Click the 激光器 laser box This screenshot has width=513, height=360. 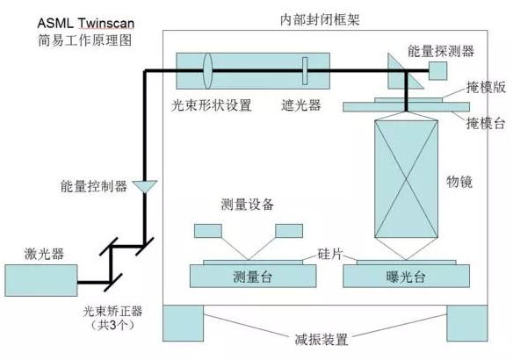[x=40, y=280]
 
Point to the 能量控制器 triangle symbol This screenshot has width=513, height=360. [x=143, y=187]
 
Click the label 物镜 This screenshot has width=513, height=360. [x=460, y=183]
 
